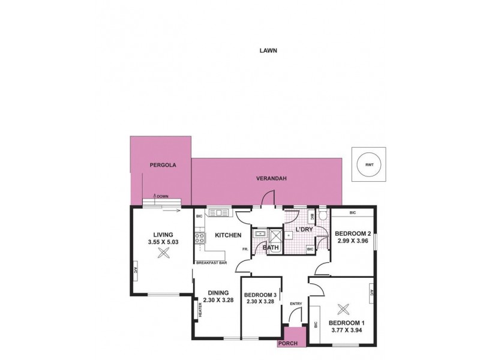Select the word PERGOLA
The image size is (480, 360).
[x=162, y=164]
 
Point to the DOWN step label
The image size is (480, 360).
[x=162, y=196]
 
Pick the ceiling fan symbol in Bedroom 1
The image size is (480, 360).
[x=344, y=310]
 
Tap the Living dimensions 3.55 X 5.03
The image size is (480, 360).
[x=163, y=242]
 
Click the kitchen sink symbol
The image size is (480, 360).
[x=217, y=212]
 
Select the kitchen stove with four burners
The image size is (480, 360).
[x=199, y=238]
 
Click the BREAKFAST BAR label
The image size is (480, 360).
[x=210, y=263]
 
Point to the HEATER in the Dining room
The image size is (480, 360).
[x=200, y=310]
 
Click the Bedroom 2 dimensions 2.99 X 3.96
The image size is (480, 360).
[x=353, y=242]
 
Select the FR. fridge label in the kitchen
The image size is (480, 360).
[x=245, y=249]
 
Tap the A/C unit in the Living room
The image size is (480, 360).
[x=136, y=270]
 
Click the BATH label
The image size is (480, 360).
[x=271, y=247]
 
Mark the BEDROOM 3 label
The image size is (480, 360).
[x=260, y=295]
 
